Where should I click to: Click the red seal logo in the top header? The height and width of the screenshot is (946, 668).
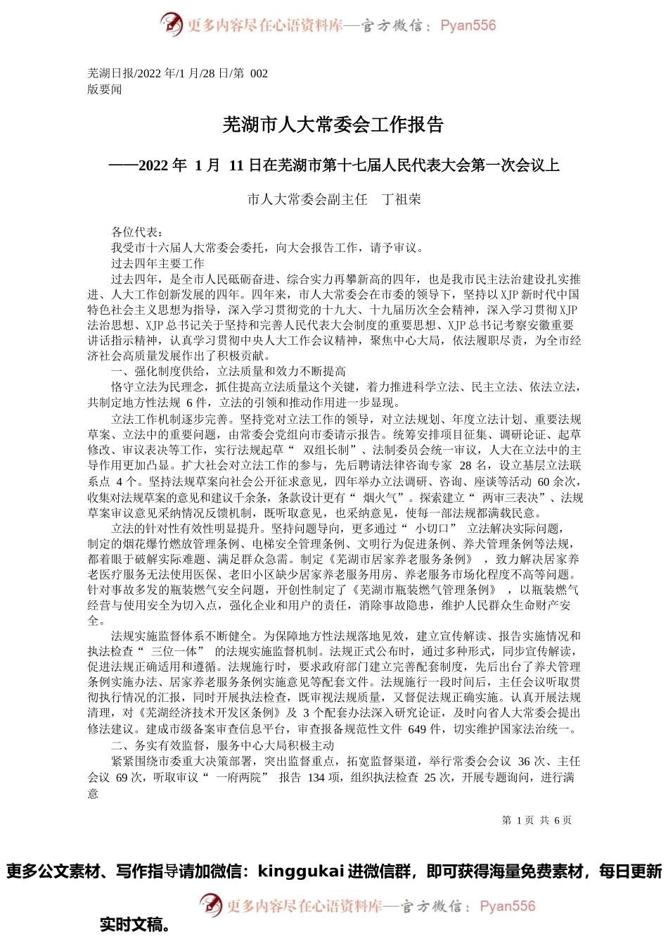click(171, 25)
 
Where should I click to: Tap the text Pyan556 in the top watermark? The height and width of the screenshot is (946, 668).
click(468, 25)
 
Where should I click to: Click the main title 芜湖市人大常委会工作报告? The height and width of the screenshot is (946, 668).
click(333, 125)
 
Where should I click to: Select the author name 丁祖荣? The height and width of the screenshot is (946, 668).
click(402, 199)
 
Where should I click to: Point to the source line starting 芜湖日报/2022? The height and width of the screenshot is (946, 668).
click(177, 73)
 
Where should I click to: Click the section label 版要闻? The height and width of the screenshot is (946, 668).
click(104, 89)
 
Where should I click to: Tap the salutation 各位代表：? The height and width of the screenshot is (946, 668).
click(137, 232)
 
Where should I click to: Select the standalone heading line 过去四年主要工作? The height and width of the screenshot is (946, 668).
click(158, 263)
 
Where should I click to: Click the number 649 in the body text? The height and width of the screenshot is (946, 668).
click(418, 729)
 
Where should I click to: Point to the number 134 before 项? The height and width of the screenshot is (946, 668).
click(316, 777)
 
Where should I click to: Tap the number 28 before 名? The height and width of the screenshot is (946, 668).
click(465, 465)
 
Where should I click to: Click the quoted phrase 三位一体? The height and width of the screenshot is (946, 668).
click(174, 651)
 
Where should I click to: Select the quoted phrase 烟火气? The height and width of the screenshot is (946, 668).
click(385, 497)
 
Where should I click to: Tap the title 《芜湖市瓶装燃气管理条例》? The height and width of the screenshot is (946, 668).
click(424, 590)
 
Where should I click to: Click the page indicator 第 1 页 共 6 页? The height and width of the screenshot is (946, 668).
click(537, 820)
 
